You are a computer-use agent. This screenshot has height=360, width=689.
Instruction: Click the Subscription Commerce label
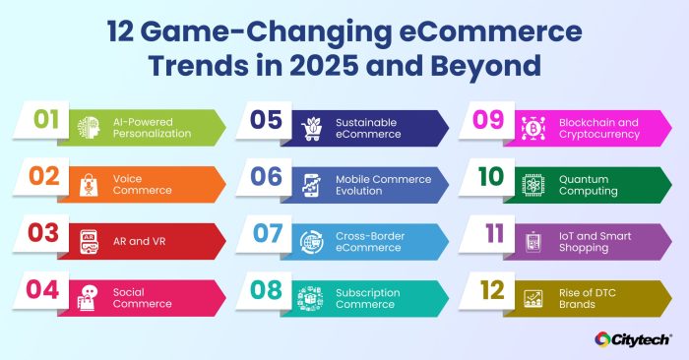(367, 298)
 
